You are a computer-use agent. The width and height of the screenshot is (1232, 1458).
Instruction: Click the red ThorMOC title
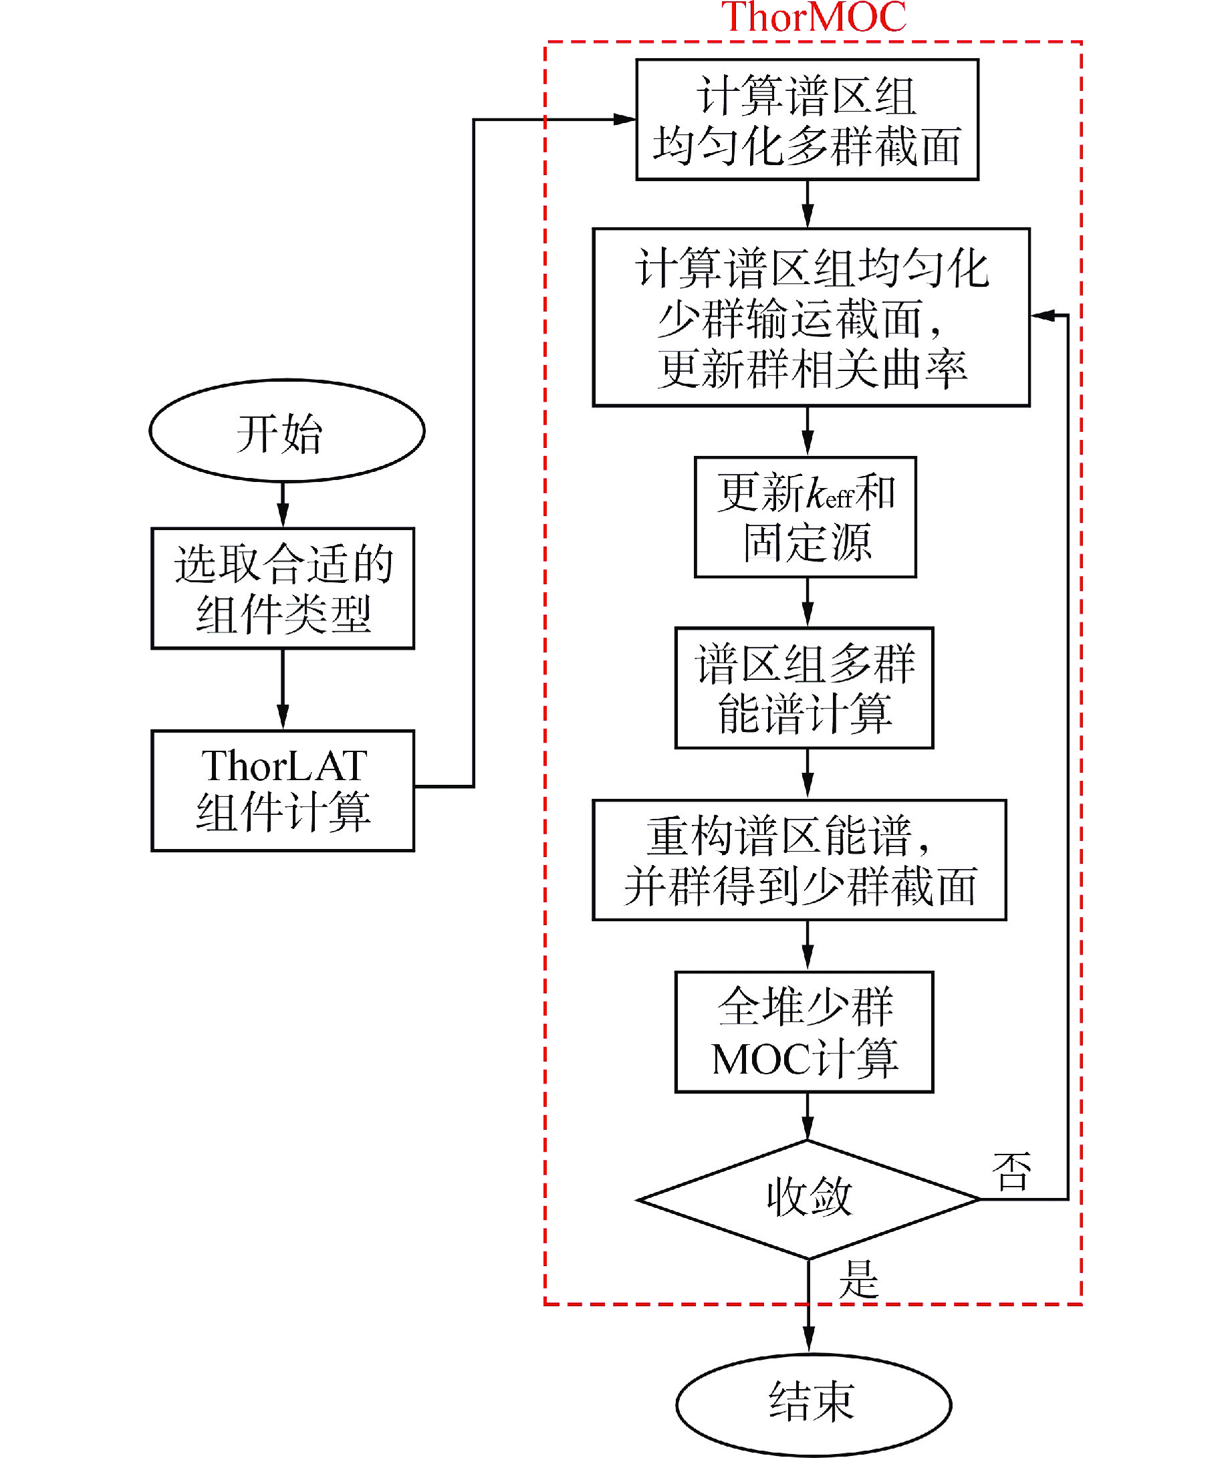tap(813, 17)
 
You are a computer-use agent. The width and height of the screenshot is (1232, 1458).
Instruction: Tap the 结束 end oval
tap(813, 1401)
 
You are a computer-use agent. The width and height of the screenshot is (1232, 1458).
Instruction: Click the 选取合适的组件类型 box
tap(283, 589)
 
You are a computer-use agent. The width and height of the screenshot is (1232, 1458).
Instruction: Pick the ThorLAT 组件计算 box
tap(283, 790)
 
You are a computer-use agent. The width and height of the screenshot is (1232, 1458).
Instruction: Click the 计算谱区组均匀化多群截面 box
tap(807, 120)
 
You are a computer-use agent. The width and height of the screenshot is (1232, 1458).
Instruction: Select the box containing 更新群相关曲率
tap(811, 317)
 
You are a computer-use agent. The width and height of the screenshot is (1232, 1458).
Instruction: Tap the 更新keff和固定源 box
tap(805, 517)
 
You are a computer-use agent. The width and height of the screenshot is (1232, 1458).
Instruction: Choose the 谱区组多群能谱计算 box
tap(804, 688)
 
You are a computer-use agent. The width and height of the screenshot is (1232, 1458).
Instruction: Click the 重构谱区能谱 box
tap(799, 860)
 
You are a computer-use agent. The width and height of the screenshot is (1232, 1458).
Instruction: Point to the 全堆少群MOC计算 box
tap(804, 1032)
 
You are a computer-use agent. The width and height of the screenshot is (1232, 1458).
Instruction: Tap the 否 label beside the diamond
tap(1011, 1172)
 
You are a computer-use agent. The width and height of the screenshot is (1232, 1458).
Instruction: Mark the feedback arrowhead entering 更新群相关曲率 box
tap(1042, 316)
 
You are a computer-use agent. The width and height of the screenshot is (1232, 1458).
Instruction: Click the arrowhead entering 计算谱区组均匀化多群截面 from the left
tap(624, 120)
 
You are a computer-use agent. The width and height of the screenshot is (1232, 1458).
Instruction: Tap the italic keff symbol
tap(829, 495)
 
